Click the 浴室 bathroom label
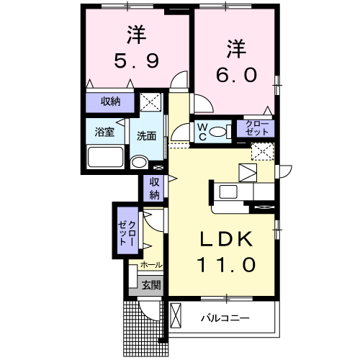105,132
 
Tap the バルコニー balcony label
225,318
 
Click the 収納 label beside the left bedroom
110,102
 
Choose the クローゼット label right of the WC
256,130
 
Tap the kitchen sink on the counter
230,192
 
